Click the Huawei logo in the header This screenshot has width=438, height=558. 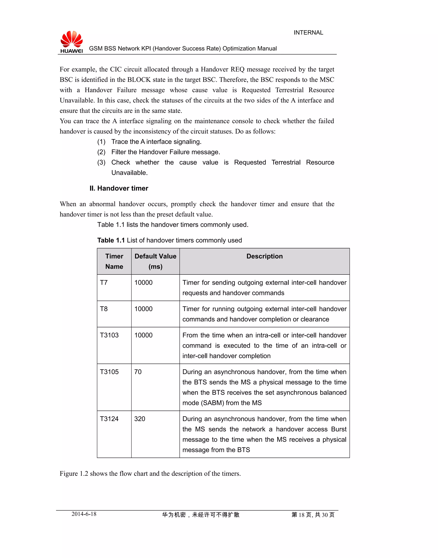point(72,42)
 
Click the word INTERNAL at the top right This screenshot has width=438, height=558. point(308,33)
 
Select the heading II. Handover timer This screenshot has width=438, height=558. point(119,188)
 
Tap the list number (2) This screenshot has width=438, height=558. point(101,152)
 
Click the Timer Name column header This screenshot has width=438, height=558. point(114,261)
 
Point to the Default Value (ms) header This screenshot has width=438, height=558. point(155,261)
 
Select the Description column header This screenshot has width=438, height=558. point(264,256)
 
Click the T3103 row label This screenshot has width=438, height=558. point(109,335)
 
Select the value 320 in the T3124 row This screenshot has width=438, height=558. point(140,419)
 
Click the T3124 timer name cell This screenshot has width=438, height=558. point(109,419)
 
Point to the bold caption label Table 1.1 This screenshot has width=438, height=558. point(111,240)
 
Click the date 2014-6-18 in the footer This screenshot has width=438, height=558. point(84,514)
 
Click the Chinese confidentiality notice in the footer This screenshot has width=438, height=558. point(201,515)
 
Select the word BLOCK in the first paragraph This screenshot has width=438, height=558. point(139,80)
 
